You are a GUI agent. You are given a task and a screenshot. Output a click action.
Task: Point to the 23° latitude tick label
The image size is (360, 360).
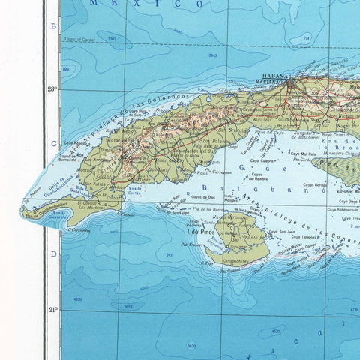pyautogui.click(x=52, y=88)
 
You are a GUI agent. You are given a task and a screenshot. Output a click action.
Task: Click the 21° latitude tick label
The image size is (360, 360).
pyautogui.click(x=52, y=309)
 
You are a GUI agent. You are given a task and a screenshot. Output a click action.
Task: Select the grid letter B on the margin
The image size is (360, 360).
pyautogui.click(x=53, y=26)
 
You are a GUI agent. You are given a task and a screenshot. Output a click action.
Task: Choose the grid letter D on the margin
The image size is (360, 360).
pyautogui.click(x=53, y=253)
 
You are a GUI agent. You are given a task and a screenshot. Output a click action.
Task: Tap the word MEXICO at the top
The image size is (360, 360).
pyautogui.click(x=146, y=4)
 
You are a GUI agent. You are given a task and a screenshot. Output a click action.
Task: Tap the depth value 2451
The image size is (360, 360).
pyautogui.click(x=171, y=255)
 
